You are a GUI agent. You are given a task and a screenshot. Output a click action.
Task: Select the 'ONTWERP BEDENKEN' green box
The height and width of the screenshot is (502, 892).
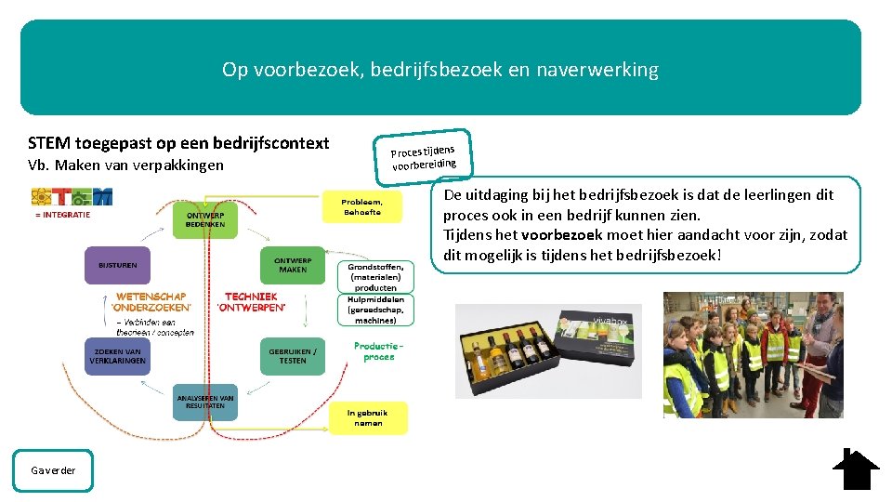click(205, 220)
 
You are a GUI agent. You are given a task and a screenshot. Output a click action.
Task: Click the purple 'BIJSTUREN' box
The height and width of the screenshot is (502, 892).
click(117, 265)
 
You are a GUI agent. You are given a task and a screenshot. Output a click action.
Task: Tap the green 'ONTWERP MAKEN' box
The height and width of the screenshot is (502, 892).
click(293, 264)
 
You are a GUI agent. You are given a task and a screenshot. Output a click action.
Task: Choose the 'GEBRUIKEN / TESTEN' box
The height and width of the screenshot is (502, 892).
click(293, 356)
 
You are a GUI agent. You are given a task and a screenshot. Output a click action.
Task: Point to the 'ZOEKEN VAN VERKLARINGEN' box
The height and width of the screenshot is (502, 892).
click(117, 356)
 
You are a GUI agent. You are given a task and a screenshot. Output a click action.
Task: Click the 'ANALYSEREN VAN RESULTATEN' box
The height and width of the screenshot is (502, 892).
click(205, 402)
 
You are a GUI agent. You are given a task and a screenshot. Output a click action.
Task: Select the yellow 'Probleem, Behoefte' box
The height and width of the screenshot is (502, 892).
click(361, 206)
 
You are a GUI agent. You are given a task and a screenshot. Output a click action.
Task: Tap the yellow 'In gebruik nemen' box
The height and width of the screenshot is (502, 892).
click(368, 417)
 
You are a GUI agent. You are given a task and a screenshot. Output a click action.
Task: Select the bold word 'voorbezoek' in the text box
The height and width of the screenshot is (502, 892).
click(561, 235)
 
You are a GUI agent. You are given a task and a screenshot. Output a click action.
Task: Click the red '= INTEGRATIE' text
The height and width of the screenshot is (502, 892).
click(63, 216)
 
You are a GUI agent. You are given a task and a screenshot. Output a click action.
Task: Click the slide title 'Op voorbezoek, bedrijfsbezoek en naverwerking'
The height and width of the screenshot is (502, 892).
click(440, 70)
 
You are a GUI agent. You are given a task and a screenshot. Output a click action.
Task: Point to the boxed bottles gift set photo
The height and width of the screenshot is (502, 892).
click(548, 352)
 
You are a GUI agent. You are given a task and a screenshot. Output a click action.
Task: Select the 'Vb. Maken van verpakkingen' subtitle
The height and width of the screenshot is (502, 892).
click(125, 165)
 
